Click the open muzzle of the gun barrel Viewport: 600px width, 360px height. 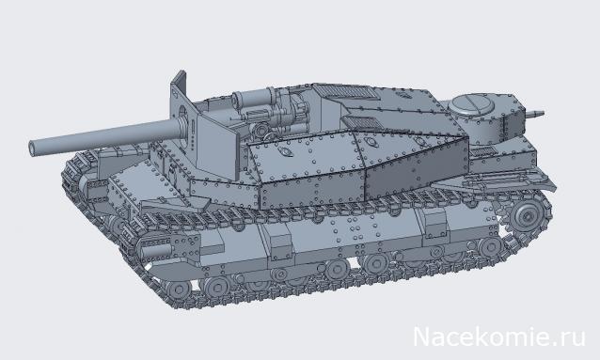(36, 149)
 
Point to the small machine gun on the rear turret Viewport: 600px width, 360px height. (536, 114)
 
